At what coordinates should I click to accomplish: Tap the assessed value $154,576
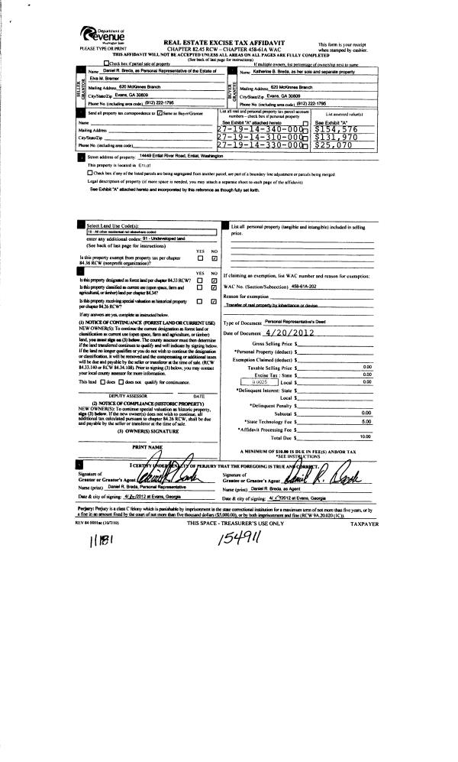[336, 128]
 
